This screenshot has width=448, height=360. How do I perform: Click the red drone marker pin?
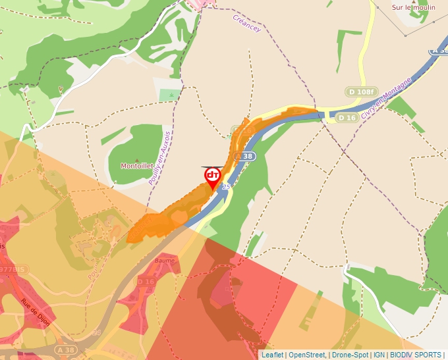point(212,176)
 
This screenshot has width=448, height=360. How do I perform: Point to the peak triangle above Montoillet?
point(137,159)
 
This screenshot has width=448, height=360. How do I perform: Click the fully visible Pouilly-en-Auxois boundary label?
point(160,157)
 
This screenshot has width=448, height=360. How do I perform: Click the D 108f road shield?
point(361,91)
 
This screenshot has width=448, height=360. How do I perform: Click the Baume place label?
point(164,261)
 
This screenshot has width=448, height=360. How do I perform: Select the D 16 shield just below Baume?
point(146,282)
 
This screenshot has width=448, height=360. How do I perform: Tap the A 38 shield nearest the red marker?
point(244,156)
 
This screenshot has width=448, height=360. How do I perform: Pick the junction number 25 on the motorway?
point(226,187)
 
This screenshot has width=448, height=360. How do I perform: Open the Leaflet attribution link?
point(272,355)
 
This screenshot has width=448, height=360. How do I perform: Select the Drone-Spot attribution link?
point(349,355)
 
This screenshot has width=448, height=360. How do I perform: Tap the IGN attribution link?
point(379,355)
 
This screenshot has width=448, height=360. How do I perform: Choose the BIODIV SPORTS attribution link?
point(416,355)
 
